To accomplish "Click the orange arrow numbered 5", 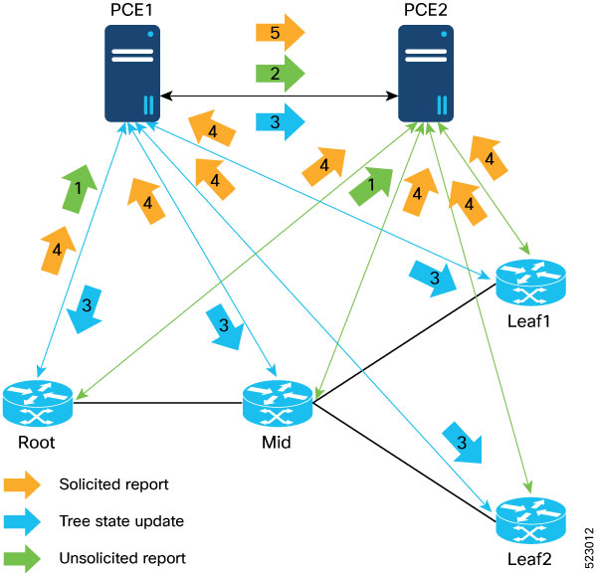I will coord(279,32).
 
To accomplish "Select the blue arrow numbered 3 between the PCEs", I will coord(279,120).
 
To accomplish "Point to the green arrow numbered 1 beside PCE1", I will coord(79,188).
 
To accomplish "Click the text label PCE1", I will coord(132,10).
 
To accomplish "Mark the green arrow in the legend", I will coord(22,557).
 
